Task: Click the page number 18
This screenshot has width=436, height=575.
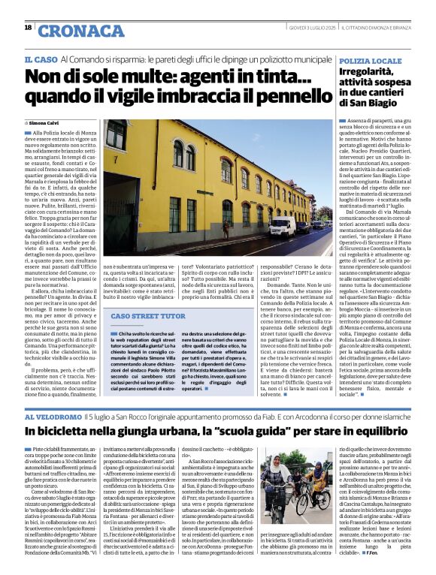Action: click(28, 27)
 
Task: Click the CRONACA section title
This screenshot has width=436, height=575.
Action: click(80, 31)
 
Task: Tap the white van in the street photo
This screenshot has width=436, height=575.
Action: click(283, 227)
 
